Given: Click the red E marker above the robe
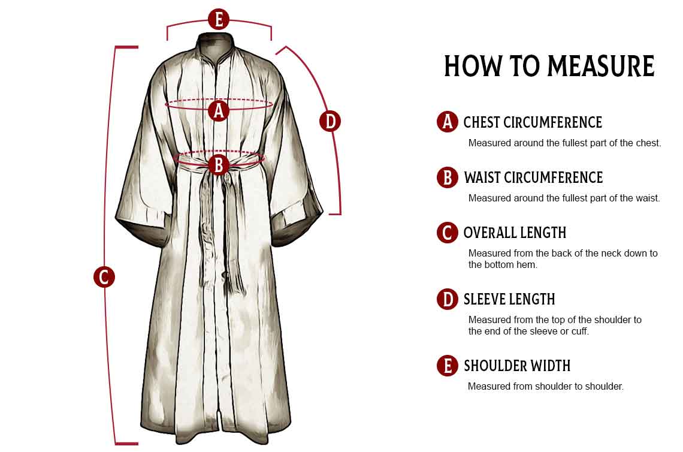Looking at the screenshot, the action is coord(219,19).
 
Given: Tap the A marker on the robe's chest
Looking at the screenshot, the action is coord(219,110).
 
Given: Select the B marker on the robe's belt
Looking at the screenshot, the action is coord(219,165).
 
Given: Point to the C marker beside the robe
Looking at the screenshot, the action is coord(104,277).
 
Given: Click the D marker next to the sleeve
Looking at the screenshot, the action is coord(330,121).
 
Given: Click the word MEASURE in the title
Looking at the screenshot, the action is coord(601,67).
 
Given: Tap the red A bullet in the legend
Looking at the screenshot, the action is coord(448,122).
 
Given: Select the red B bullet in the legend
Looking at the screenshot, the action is coord(448,177).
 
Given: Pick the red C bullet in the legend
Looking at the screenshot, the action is coord(448,233).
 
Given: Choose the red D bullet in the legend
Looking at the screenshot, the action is coord(448,299).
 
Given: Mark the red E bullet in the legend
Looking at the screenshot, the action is coord(448,365).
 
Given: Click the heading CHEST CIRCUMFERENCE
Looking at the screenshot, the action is coord(533,122).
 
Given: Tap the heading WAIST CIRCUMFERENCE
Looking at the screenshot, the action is coord(534,177).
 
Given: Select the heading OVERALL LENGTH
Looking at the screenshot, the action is coord(515,233).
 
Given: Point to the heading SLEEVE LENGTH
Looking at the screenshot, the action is coord(509,299).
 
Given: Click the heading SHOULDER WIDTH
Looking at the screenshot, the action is coord(517,366).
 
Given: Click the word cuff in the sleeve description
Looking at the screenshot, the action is coord(579,332).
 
